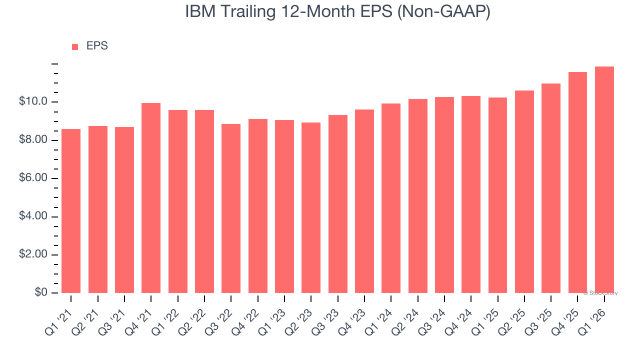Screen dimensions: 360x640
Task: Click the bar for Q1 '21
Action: tap(71, 211)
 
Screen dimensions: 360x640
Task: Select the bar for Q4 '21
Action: tap(151, 198)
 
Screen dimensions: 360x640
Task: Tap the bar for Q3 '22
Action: tap(231, 208)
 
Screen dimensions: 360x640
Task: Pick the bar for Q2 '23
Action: tap(311, 207)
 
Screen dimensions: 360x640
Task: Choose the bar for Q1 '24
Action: tap(391, 198)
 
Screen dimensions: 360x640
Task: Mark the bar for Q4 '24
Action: tap(471, 194)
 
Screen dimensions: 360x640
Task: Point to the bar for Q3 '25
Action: tap(551, 188)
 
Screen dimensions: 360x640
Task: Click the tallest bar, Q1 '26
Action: tap(604, 179)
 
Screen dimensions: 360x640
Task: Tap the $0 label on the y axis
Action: tap(41, 293)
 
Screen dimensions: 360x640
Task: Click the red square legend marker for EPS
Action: tap(75, 46)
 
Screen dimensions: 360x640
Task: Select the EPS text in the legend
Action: tap(97, 46)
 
